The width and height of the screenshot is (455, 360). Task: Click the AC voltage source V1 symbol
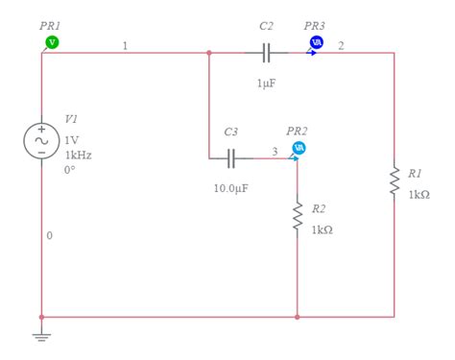click(42, 141)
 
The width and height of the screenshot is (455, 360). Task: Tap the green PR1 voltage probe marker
click(53, 42)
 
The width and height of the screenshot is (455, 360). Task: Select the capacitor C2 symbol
click(267, 52)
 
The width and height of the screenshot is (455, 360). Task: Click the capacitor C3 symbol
click(231, 157)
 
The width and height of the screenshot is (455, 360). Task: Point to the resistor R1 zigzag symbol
click(394, 180)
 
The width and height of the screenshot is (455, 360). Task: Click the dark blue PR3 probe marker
click(315, 42)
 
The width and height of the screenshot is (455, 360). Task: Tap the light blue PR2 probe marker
click(299, 148)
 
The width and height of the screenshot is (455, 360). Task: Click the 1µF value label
click(266, 84)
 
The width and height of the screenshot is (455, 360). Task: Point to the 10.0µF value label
click(231, 188)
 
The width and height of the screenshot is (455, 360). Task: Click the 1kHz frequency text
click(79, 155)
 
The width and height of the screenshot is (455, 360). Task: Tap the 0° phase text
click(70, 170)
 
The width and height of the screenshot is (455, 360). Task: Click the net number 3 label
click(275, 150)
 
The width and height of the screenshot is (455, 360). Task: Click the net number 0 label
click(50, 235)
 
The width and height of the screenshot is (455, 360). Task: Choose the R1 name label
click(415, 174)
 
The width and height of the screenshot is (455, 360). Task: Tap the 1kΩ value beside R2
click(322, 229)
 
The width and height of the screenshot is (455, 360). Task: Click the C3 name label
click(230, 132)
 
